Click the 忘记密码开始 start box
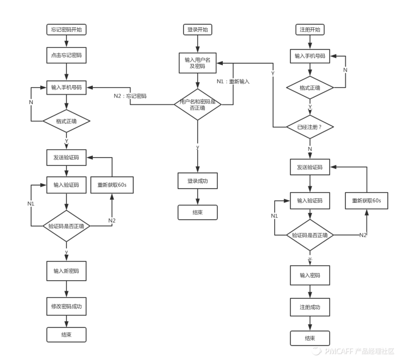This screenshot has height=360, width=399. tap(66, 30)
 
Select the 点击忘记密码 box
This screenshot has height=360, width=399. tap(66, 55)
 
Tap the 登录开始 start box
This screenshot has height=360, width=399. tap(197, 30)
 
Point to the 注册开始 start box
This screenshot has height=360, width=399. tap(310, 30)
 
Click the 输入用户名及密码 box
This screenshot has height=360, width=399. tap(197, 63)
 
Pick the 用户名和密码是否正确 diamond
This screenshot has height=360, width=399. tap(197, 104)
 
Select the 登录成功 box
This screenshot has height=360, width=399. tap(197, 181)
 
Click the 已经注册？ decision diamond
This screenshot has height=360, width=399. tap(310, 127)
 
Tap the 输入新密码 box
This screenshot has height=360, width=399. tap(66, 271)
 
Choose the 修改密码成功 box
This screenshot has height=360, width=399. tap(66, 306)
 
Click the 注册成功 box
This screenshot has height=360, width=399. tap(310, 308)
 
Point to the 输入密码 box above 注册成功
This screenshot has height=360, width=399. tap(310, 275)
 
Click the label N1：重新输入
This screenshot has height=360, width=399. tap(233, 81)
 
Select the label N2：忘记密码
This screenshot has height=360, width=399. tap(130, 96)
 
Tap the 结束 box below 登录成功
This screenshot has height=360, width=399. tap(197, 212)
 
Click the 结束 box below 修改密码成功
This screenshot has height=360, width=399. tap(66, 335)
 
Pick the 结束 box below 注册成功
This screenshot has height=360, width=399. tap(310, 338)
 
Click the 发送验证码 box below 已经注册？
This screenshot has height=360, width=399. tap(310, 167)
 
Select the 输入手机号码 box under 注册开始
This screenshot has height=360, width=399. tap(310, 56)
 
